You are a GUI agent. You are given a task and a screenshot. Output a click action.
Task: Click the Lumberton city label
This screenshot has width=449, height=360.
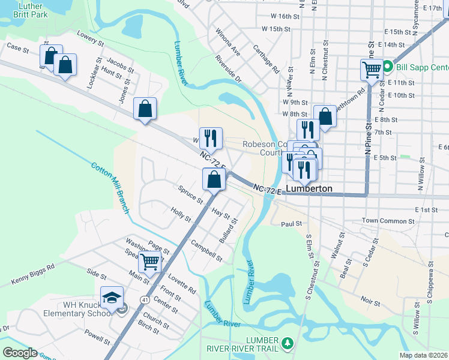coord(309,188)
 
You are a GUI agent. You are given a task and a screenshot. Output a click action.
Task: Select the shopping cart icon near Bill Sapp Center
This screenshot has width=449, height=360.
coord(372,70)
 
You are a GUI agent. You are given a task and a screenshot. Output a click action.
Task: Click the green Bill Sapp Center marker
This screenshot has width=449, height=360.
coord(388,66)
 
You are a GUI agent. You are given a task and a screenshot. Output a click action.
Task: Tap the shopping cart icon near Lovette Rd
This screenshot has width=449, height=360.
coord(149,261)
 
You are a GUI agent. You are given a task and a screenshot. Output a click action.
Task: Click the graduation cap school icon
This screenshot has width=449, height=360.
coord(112,296)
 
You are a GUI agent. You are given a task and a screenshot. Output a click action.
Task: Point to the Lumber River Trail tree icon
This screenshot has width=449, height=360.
coord(289,343)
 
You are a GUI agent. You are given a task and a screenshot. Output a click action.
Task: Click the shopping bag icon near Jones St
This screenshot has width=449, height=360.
coord(145,109)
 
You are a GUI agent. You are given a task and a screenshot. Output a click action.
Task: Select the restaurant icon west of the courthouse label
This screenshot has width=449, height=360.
coord(211,138)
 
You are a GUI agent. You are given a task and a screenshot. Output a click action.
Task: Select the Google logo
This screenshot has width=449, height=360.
coord(20,353)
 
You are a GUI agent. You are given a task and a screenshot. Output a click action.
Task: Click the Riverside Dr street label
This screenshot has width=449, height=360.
coord(228,70)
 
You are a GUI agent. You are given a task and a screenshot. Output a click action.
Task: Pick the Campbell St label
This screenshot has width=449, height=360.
coord(206,251)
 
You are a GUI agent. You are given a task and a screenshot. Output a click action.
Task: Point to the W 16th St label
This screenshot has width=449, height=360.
coord(285,16)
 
